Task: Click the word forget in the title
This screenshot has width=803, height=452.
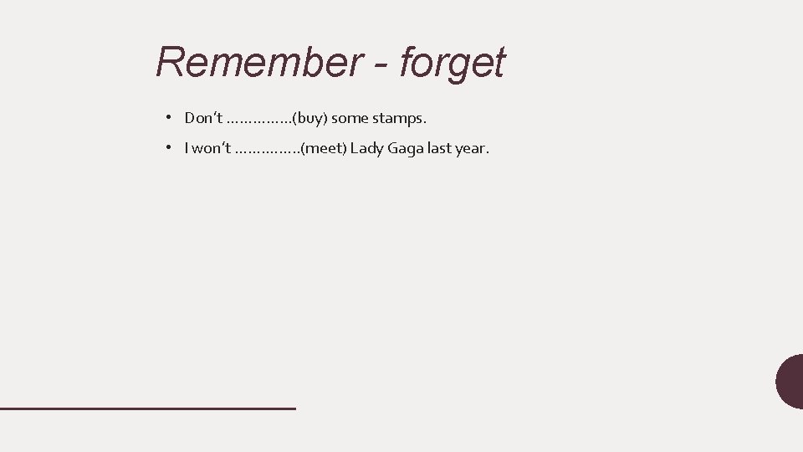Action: click(453, 61)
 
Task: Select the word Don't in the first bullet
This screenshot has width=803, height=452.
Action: click(203, 118)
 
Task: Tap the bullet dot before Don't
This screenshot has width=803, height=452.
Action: click(168, 117)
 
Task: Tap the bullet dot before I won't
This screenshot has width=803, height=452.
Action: click(168, 148)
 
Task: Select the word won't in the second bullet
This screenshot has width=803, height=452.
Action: click(212, 149)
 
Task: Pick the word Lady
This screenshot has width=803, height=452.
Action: click(367, 149)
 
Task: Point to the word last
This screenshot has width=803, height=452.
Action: click(443, 149)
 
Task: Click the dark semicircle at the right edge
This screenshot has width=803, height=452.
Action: click(790, 382)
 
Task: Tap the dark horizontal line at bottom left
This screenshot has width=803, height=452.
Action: click(148, 408)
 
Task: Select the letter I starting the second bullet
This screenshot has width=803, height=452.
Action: click(187, 149)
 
